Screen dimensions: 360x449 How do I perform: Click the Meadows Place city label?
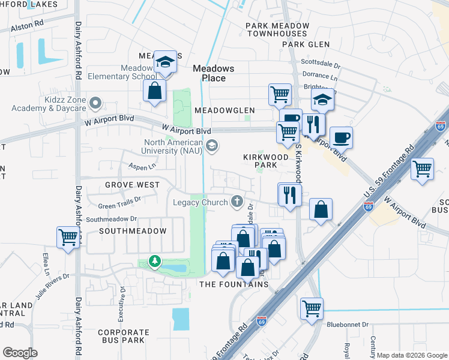click(209, 73)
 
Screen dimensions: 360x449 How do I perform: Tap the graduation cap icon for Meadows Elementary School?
click(164, 62)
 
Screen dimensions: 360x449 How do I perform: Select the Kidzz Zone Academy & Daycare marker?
click(94, 104)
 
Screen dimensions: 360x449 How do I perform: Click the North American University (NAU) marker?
click(211, 145)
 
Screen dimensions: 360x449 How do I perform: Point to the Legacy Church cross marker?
click(238, 202)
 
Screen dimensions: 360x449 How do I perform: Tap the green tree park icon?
click(155, 261)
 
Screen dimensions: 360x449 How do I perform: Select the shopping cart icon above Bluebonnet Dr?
click(312, 308)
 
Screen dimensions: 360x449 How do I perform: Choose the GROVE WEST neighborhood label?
click(132, 184)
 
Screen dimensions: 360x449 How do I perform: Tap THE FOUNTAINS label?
click(234, 284)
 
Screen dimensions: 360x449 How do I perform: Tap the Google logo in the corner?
click(20, 352)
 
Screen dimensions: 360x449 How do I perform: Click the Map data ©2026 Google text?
click(411, 355)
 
